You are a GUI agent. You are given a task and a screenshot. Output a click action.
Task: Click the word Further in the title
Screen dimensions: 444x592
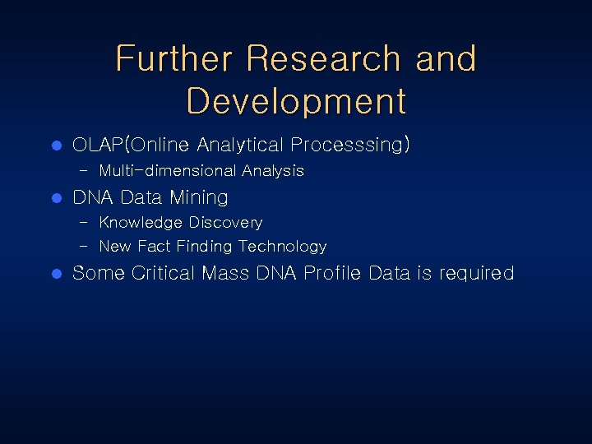tap(173, 59)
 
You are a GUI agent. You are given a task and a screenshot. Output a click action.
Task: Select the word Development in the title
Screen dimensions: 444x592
tap(296, 101)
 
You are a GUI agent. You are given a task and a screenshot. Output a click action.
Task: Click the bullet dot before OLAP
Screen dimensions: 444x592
tap(57, 146)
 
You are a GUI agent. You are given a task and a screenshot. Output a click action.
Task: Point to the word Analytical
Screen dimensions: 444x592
tap(239, 146)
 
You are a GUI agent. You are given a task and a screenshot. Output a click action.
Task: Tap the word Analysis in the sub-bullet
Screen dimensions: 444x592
tap(273, 171)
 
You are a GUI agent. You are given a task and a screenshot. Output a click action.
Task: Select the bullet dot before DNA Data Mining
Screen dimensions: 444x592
tap(57, 199)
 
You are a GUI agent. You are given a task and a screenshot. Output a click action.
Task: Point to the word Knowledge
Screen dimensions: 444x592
tap(141, 223)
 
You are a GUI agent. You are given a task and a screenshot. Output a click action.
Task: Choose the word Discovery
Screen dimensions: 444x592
tap(225, 223)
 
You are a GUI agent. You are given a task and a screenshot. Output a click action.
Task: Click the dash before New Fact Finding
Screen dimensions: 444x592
tap(86, 247)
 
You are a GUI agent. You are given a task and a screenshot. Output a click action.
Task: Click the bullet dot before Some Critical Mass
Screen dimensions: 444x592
tap(57, 275)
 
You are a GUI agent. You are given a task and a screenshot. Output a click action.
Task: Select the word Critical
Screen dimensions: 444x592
tap(169, 274)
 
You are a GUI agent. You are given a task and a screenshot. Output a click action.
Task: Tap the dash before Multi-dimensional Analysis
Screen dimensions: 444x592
tap(86, 171)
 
